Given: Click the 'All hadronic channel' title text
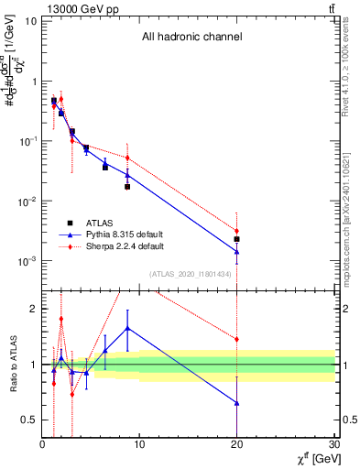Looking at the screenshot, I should [x=191, y=38].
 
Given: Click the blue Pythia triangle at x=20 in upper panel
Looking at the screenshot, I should [x=236, y=251].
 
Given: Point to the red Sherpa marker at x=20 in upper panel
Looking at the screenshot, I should [x=236, y=231].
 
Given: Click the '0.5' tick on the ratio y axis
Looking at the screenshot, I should [x=28, y=420].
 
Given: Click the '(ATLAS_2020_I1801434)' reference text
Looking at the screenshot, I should [x=190, y=274].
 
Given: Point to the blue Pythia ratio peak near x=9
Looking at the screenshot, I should [x=127, y=327].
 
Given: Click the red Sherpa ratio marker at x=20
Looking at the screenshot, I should [x=236, y=339].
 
